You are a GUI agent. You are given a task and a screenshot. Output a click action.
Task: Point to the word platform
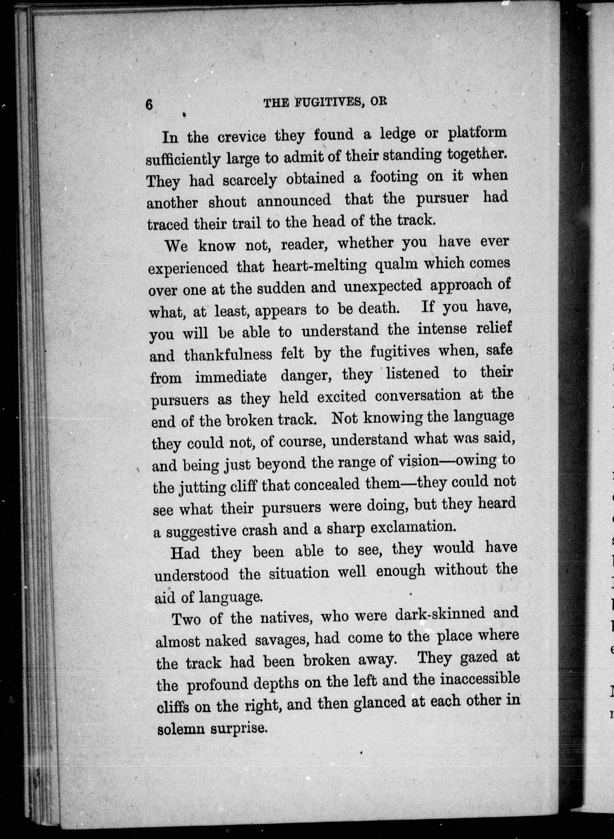tap(477, 133)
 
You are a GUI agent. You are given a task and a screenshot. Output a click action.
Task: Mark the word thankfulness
tap(228, 355)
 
